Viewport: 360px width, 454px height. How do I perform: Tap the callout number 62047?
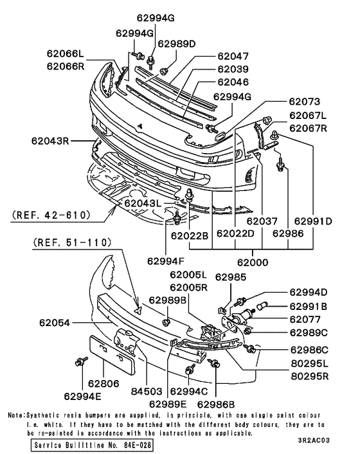click(232, 57)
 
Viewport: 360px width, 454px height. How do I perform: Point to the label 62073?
click(303, 102)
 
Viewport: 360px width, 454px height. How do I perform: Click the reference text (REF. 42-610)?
click(50, 215)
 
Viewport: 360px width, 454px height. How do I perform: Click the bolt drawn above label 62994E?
click(80, 361)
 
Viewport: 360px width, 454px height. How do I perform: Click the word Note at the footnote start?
click(16, 415)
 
